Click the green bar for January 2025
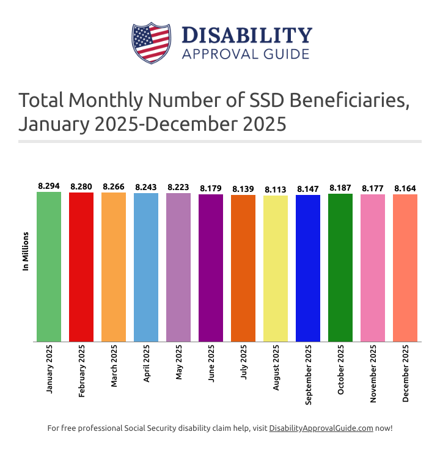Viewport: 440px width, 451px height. [x=49, y=266]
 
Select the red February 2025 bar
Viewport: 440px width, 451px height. [x=81, y=266]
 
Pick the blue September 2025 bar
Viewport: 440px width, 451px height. [x=308, y=268]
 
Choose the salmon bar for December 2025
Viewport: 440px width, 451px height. [x=405, y=268]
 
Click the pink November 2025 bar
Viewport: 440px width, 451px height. [x=373, y=268]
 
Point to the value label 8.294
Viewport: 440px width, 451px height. [x=49, y=186]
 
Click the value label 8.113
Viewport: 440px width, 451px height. [x=276, y=189]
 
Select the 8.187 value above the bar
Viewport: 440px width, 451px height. [x=340, y=188]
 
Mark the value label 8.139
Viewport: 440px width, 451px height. [x=243, y=189]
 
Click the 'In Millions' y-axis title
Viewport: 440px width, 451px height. [x=26, y=251]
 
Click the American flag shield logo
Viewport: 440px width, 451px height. [x=150, y=43]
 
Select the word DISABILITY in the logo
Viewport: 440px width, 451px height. [x=247, y=35]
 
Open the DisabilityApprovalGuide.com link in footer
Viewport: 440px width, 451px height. [x=321, y=428]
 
